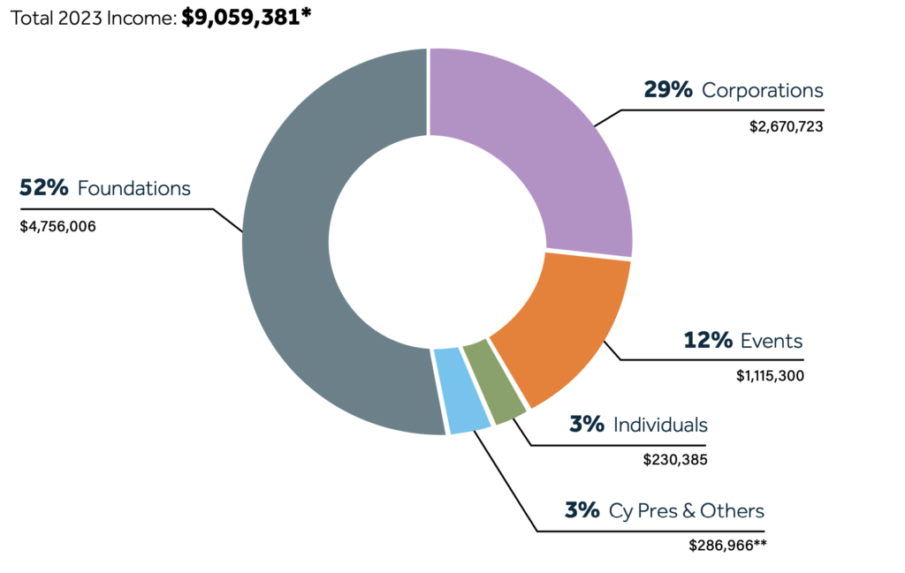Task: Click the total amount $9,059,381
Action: coord(246,17)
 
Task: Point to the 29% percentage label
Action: coord(668,90)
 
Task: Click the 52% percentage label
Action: coord(44,188)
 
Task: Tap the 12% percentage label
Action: coord(709,340)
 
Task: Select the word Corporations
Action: coord(762,90)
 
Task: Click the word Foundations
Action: coord(134,188)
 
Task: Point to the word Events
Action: coord(772,340)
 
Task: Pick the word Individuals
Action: coord(660,425)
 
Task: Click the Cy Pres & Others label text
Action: coord(687,510)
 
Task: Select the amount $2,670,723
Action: coord(786,126)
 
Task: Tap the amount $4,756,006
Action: coord(57,226)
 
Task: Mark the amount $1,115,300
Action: coord(769,375)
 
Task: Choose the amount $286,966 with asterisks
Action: coord(726,545)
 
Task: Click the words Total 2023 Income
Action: coord(91,18)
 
